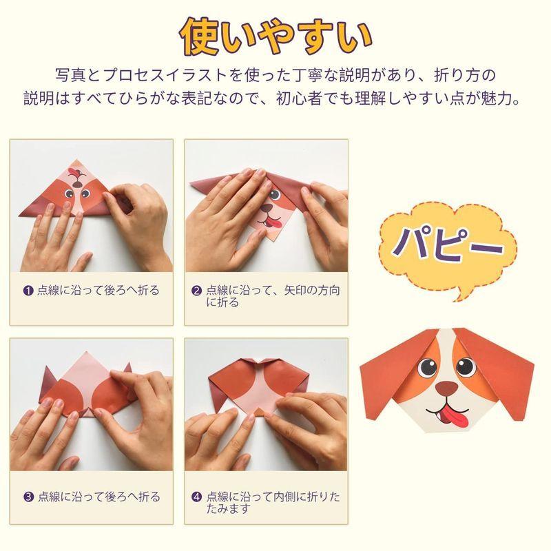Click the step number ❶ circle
pyautogui.click(x=28, y=291)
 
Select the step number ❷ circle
pyautogui.click(x=196, y=291)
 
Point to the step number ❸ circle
pyautogui.click(x=28, y=497)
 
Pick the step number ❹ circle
pyautogui.click(x=196, y=497)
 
